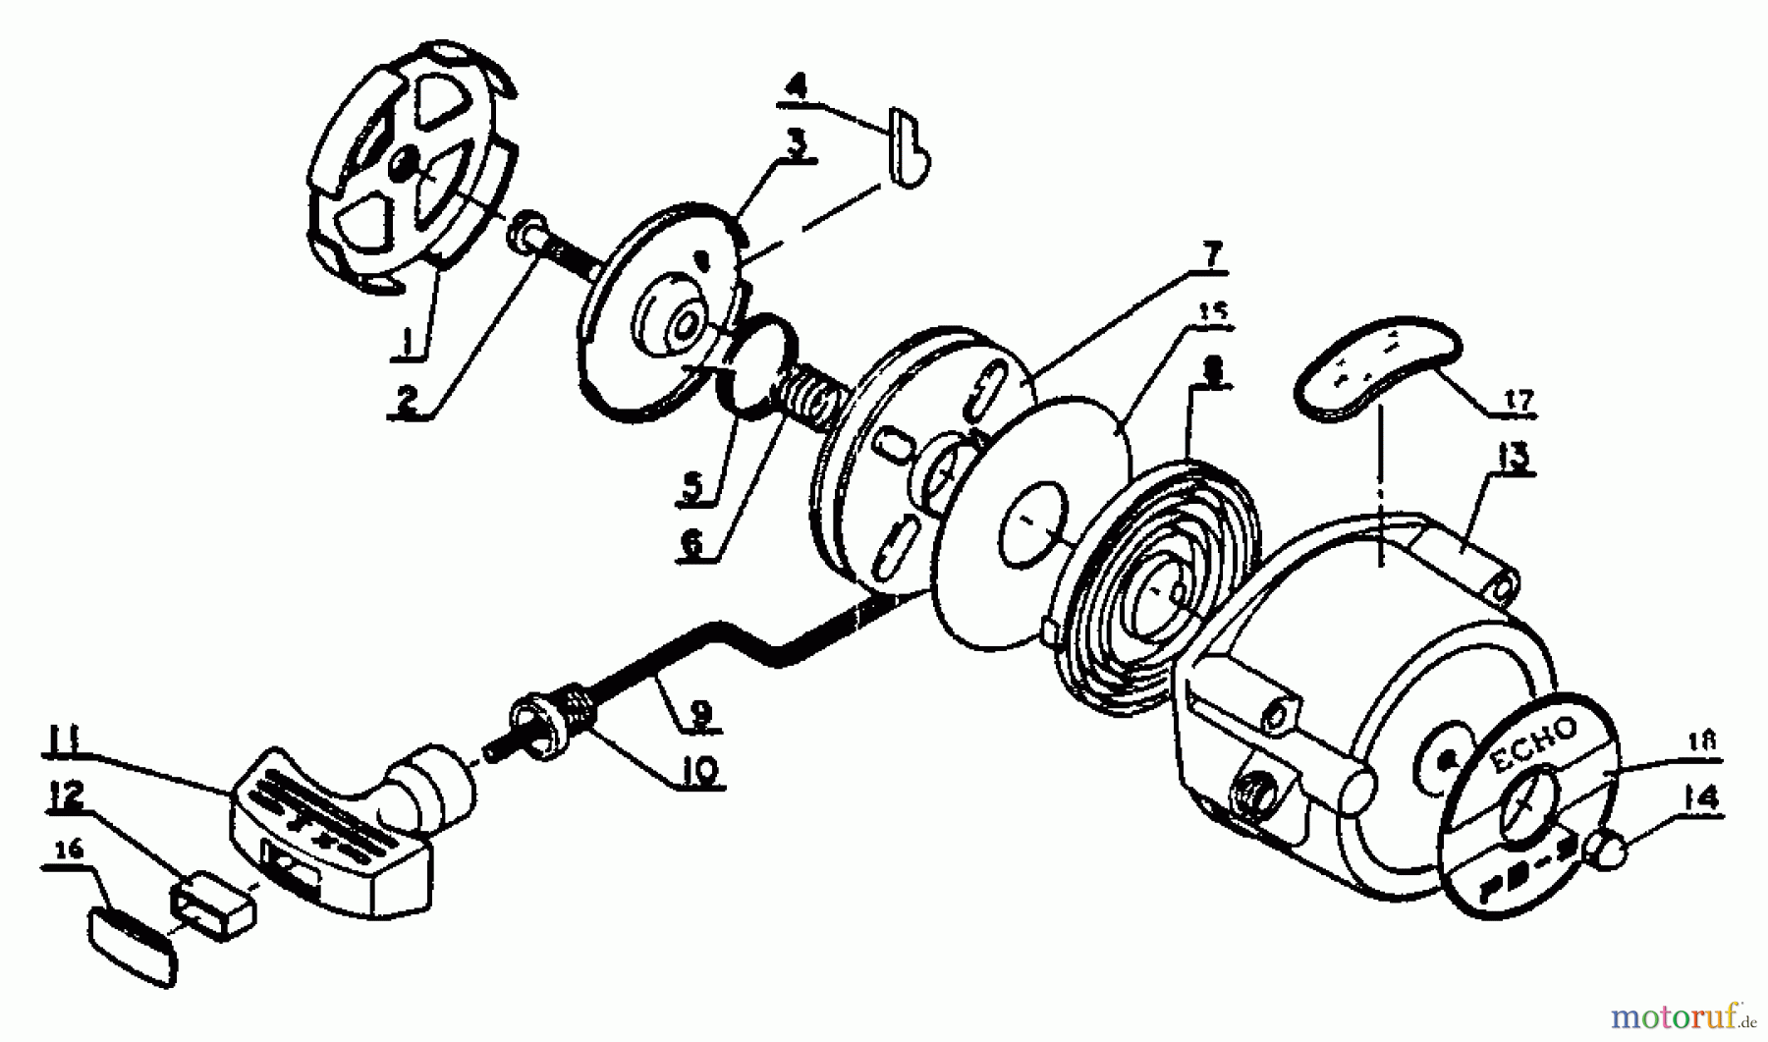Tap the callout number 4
pyautogui.click(x=796, y=86)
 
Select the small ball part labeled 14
pyautogui.click(x=1612, y=850)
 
